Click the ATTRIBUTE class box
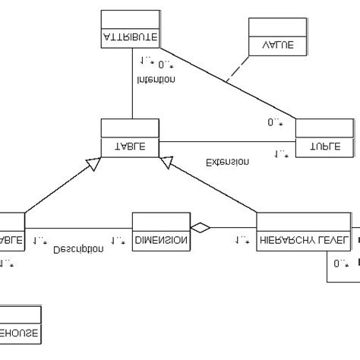coord(130,29)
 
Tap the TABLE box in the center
coord(130,137)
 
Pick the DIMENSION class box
coord(160,232)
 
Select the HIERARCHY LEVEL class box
coord(304,232)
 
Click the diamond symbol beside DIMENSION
coord(200,226)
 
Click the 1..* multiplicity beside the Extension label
coord(281,154)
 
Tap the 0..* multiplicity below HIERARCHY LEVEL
coord(340,263)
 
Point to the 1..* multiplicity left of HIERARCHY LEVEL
coord(242,241)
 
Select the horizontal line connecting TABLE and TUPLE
coord(226,141)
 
